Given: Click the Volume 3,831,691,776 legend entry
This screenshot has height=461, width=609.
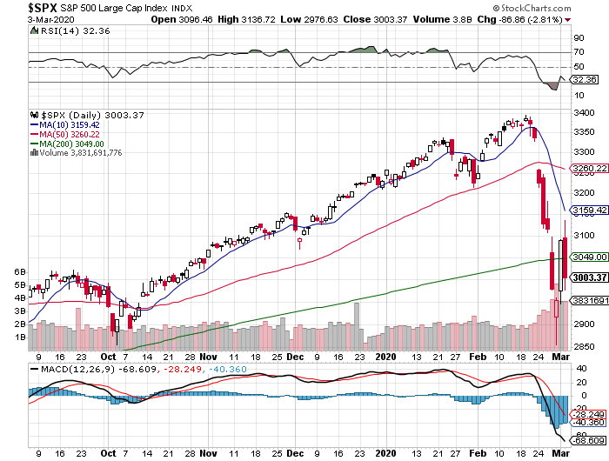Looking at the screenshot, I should click(x=80, y=153).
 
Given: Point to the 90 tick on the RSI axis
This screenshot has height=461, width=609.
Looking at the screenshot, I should click(x=578, y=38).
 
